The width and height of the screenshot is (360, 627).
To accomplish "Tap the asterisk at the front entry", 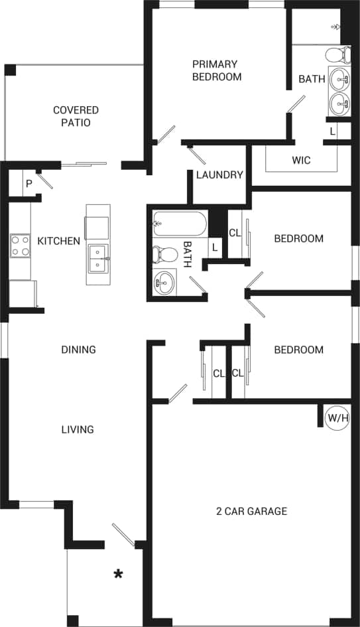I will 119,574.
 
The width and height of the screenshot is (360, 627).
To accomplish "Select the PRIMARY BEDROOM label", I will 216,70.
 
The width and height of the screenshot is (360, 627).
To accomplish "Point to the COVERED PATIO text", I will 76,116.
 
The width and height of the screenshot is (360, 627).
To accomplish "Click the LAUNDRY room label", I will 219,175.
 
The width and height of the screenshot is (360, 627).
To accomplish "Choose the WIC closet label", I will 301,161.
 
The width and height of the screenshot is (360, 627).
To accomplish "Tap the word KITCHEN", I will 58,241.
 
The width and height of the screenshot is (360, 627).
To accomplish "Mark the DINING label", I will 78,350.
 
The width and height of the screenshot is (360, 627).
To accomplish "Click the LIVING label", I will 78,429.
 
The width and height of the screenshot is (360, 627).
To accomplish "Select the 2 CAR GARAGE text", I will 251,511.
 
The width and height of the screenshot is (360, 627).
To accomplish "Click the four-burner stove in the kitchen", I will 20,245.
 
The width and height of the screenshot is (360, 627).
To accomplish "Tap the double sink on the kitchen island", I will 98,257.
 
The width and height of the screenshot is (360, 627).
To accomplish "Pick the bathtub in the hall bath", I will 180,221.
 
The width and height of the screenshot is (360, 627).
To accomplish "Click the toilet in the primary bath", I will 338,54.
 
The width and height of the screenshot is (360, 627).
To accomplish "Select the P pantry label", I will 28,184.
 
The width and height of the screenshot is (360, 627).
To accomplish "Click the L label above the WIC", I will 332,131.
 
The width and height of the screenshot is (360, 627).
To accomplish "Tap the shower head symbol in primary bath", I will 336,27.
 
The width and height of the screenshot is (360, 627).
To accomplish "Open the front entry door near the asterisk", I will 123,534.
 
